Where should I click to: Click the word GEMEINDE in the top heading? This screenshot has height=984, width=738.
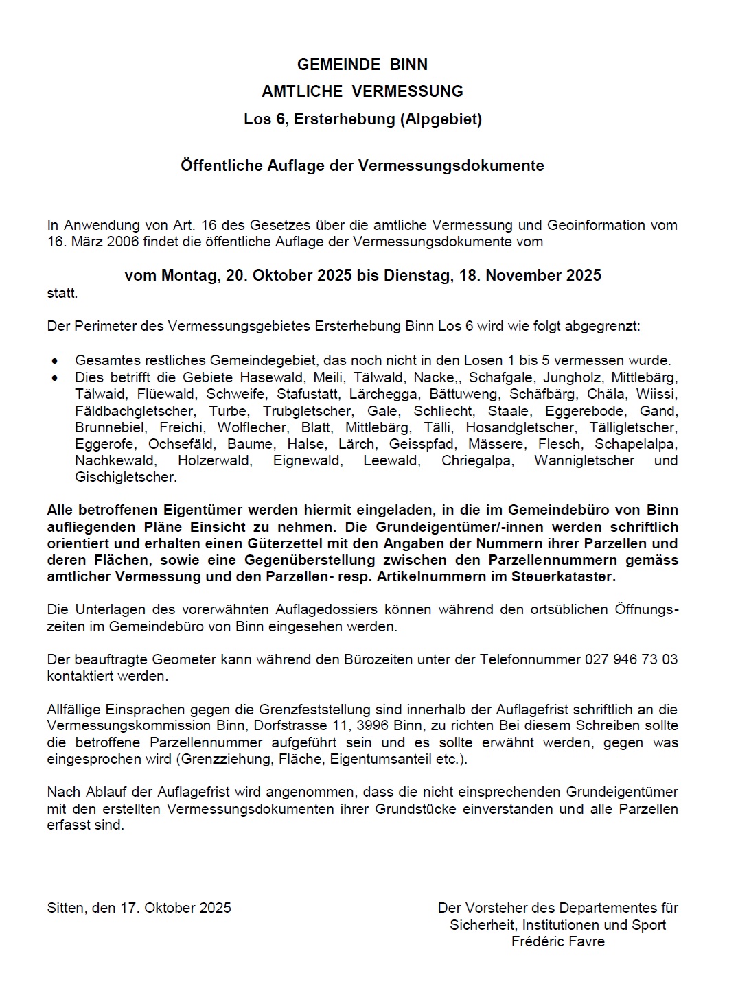point(338,65)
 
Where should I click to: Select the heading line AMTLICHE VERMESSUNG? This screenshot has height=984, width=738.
point(362,91)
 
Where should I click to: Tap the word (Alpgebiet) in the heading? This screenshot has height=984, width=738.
point(442,119)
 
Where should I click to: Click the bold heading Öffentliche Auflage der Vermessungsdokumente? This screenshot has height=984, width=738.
point(362,165)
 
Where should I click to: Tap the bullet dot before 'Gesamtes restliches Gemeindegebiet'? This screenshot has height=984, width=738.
point(55,361)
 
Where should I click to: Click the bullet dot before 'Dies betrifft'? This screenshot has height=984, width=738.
point(55,377)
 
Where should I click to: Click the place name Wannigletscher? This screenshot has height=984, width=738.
point(584,460)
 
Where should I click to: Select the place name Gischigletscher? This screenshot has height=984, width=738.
point(126,477)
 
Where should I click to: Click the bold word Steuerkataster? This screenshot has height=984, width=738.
point(563,576)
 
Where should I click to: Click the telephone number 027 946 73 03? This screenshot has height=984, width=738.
point(631,659)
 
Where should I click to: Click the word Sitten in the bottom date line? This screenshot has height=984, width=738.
point(66,908)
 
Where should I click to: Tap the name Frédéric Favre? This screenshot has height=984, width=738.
point(557,941)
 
